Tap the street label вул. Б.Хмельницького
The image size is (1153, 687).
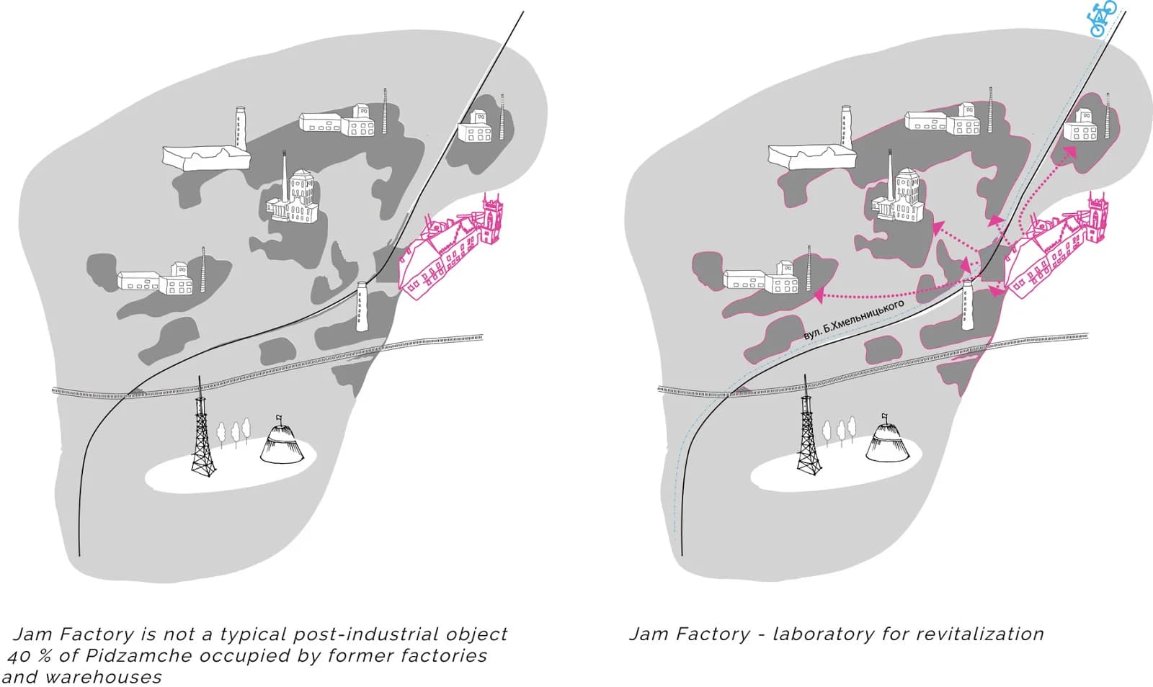coord(853,320)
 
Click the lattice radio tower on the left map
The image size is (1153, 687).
coord(203,426)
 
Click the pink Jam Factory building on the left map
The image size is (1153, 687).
coord(451,247)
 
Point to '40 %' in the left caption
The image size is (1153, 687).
coord(29,657)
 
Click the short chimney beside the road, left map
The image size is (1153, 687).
coord(362,307)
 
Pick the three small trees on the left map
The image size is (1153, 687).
coord(233,433)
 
